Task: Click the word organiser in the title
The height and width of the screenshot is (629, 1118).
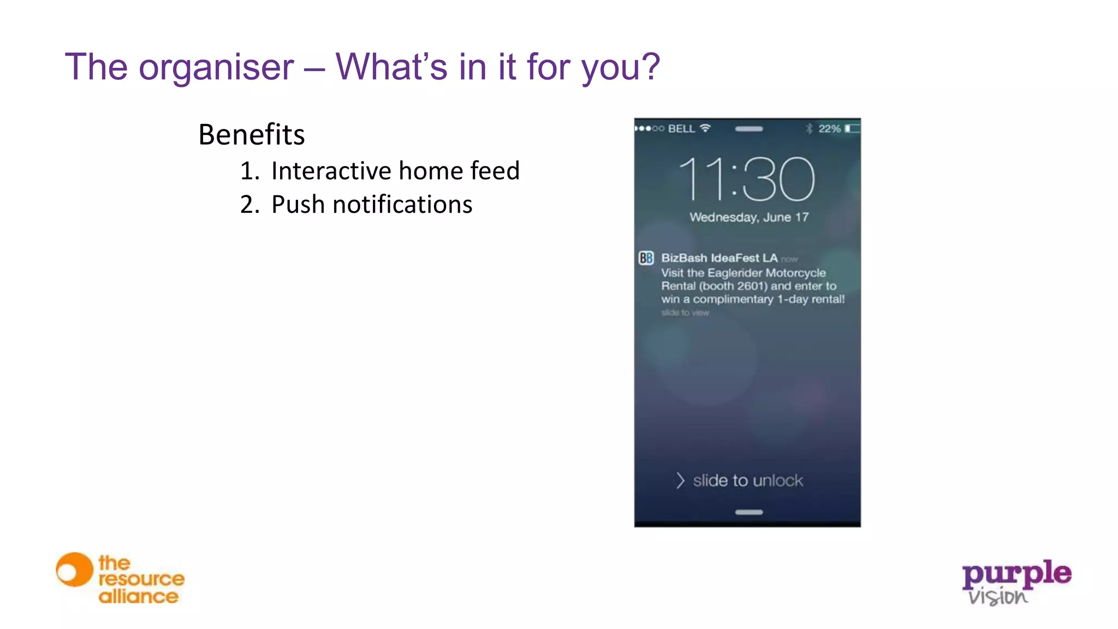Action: [216, 67]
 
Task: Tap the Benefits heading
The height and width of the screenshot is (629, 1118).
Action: [251, 134]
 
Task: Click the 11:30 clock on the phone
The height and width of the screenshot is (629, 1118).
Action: [746, 179]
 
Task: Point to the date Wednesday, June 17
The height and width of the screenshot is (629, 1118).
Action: [748, 217]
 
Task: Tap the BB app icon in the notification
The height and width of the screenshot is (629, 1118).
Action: [646, 258]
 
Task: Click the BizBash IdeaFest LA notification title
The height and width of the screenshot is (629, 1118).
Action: [719, 258]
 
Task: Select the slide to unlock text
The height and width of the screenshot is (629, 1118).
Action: [748, 480]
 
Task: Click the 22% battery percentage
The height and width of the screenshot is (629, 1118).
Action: [829, 129]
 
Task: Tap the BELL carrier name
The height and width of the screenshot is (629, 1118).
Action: [681, 129]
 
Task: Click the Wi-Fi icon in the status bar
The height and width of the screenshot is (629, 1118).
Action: [705, 128]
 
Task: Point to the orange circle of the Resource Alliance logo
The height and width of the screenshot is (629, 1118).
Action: [74, 570]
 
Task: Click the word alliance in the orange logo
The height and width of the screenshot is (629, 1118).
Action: [138, 596]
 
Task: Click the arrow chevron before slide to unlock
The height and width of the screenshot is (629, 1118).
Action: [680, 480]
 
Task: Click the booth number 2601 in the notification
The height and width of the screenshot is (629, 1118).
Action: [751, 286]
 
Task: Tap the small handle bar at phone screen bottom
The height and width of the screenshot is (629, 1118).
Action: [748, 512]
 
